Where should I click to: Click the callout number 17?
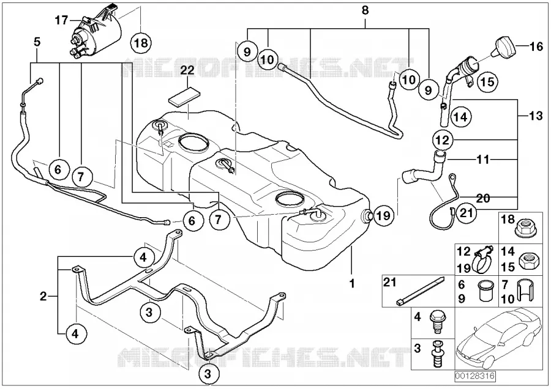[x=61, y=20]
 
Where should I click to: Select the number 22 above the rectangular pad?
[x=187, y=70]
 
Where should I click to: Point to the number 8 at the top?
[x=365, y=10]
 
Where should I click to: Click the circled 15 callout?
[x=487, y=82]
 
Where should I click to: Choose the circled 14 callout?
[x=460, y=117]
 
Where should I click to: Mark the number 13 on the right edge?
[x=536, y=116]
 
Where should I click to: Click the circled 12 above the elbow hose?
[x=443, y=140]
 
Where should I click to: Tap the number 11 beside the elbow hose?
[x=483, y=160]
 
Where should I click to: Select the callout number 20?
[x=483, y=198]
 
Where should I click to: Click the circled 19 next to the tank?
[x=383, y=215]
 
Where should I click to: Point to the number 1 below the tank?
[x=352, y=283]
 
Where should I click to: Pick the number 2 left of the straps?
[x=43, y=297]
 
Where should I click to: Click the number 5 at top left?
[x=37, y=42]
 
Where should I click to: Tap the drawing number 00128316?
[x=475, y=376]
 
